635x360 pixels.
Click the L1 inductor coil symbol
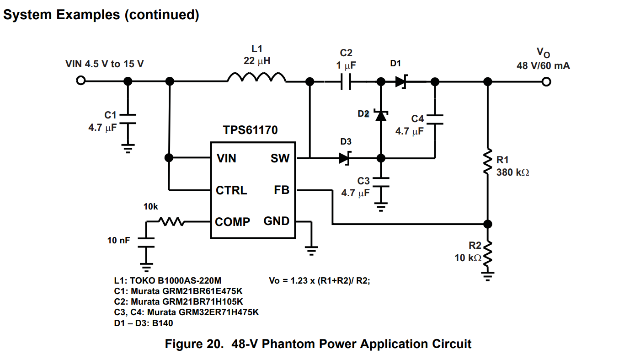[x=256, y=78]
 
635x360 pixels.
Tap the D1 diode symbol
[x=401, y=82]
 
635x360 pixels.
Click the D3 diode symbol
[x=345, y=158]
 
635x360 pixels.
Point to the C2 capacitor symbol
[x=346, y=82]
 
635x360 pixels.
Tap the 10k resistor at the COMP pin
[x=171, y=222]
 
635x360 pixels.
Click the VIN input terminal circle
[x=80, y=81]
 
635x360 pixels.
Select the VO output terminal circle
[x=545, y=82]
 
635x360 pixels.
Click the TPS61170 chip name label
[x=250, y=130]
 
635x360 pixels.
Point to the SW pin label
[x=280, y=158]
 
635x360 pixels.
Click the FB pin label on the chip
[x=282, y=190]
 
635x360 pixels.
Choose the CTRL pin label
[x=231, y=190]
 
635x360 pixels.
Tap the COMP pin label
[x=233, y=222]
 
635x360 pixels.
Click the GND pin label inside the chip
[x=277, y=221]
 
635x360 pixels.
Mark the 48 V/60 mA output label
[x=543, y=66]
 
